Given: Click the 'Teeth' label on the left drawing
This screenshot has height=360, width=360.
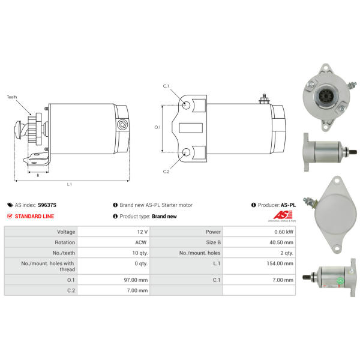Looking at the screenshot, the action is pyautogui.click(x=12, y=97).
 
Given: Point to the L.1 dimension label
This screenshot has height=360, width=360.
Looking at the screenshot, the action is pyautogui.click(x=70, y=184).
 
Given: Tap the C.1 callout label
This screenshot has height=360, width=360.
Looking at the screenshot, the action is pyautogui.click(x=166, y=86).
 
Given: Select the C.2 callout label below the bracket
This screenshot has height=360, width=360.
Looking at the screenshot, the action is pyautogui.click(x=166, y=172).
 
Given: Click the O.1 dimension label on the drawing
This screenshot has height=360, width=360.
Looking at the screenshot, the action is pyautogui.click(x=157, y=127).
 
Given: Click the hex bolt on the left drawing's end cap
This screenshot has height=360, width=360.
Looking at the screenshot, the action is pyautogui.click(x=122, y=125).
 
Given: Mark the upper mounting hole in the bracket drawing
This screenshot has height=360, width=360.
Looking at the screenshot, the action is pyautogui.click(x=186, y=106).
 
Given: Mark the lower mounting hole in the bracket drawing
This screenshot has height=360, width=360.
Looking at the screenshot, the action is pyautogui.click(x=186, y=152).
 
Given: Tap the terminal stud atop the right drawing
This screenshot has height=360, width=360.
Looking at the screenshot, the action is pyautogui.click(x=264, y=99).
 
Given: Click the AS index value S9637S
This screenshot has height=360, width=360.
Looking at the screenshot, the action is pyautogui.click(x=47, y=205).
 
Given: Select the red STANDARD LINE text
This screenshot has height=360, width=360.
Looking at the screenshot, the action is pyautogui.click(x=34, y=216).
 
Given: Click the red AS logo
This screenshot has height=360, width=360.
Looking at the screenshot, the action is pyautogui.click(x=283, y=215).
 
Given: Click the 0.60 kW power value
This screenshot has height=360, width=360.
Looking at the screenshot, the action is pyautogui.click(x=284, y=232).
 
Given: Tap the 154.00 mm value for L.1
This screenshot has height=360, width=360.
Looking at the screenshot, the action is pyautogui.click(x=280, y=263).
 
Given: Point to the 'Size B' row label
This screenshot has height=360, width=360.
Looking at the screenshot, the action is pyautogui.click(x=213, y=242).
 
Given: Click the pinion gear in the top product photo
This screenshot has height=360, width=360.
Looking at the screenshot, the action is pyautogui.click(x=325, y=95).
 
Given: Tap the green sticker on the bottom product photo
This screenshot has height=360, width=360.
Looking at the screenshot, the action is pyautogui.click(x=340, y=281).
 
